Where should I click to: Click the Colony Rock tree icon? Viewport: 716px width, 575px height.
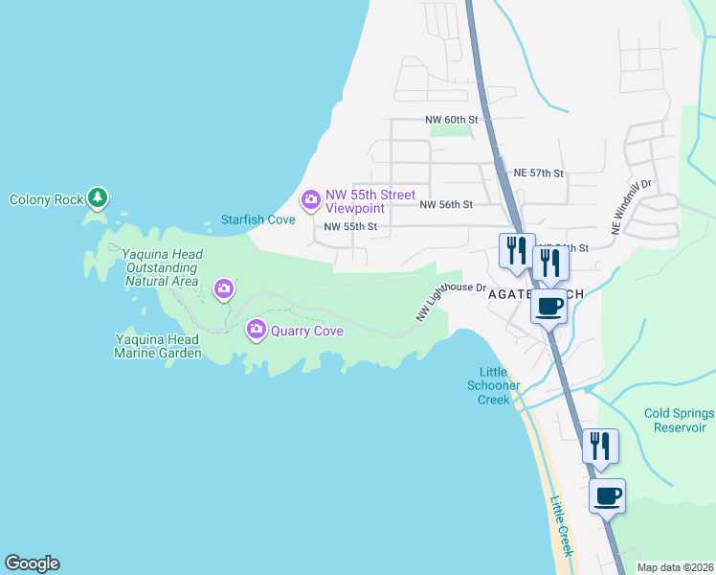pos(97,197)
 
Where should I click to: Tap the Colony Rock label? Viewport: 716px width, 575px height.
pos(45,200)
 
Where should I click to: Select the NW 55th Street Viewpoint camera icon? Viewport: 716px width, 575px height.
pos(310,200)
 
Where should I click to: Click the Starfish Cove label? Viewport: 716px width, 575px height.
pos(258,219)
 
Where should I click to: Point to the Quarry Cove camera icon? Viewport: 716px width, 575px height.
pos(256,330)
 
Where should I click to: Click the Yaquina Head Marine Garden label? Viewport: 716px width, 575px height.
pos(158,346)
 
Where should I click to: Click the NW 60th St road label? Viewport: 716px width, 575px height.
pos(451,120)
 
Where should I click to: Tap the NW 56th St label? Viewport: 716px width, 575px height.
pos(447,204)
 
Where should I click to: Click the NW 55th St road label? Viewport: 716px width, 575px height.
pos(350,227)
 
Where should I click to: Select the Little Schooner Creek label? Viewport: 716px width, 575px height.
pos(501,385)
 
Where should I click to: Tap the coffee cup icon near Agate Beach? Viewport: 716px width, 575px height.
pos(548,306)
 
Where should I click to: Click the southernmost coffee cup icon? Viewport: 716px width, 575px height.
pos(607,495)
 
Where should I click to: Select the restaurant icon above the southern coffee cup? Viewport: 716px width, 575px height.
pos(600,446)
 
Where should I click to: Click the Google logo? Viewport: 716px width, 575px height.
pos(32,563)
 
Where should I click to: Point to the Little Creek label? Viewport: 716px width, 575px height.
pos(562,525)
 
